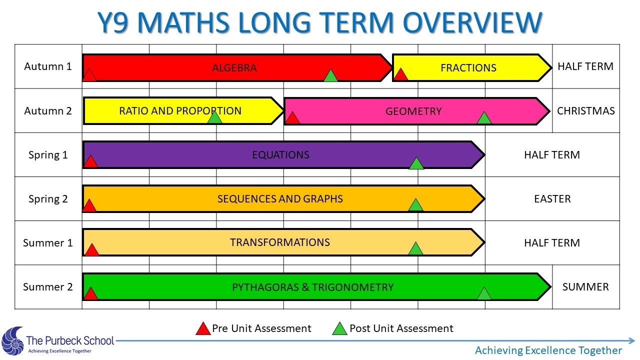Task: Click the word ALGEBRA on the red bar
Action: click(x=234, y=68)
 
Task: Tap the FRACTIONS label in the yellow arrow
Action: click(x=468, y=68)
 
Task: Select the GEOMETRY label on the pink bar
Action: click(x=413, y=111)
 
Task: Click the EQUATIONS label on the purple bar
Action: click(x=280, y=155)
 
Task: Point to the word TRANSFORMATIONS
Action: click(x=279, y=242)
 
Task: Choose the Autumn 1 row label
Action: click(x=47, y=66)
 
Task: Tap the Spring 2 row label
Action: click(x=48, y=199)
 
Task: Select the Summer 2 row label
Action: click(x=47, y=287)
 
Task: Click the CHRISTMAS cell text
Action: click(x=585, y=111)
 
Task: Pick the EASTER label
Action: click(x=552, y=199)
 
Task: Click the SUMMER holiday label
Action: click(x=585, y=287)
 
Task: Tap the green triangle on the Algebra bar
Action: click(x=330, y=75)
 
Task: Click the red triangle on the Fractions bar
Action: click(x=400, y=74)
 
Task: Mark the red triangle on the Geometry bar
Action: click(x=292, y=118)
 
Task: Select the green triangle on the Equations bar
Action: click(x=416, y=163)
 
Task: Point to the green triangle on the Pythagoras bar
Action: click(x=484, y=293)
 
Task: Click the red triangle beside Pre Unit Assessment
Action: click(x=203, y=329)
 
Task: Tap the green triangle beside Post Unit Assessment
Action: click(x=339, y=329)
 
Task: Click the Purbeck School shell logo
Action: click(x=13, y=341)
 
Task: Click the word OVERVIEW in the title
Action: click(x=472, y=23)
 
